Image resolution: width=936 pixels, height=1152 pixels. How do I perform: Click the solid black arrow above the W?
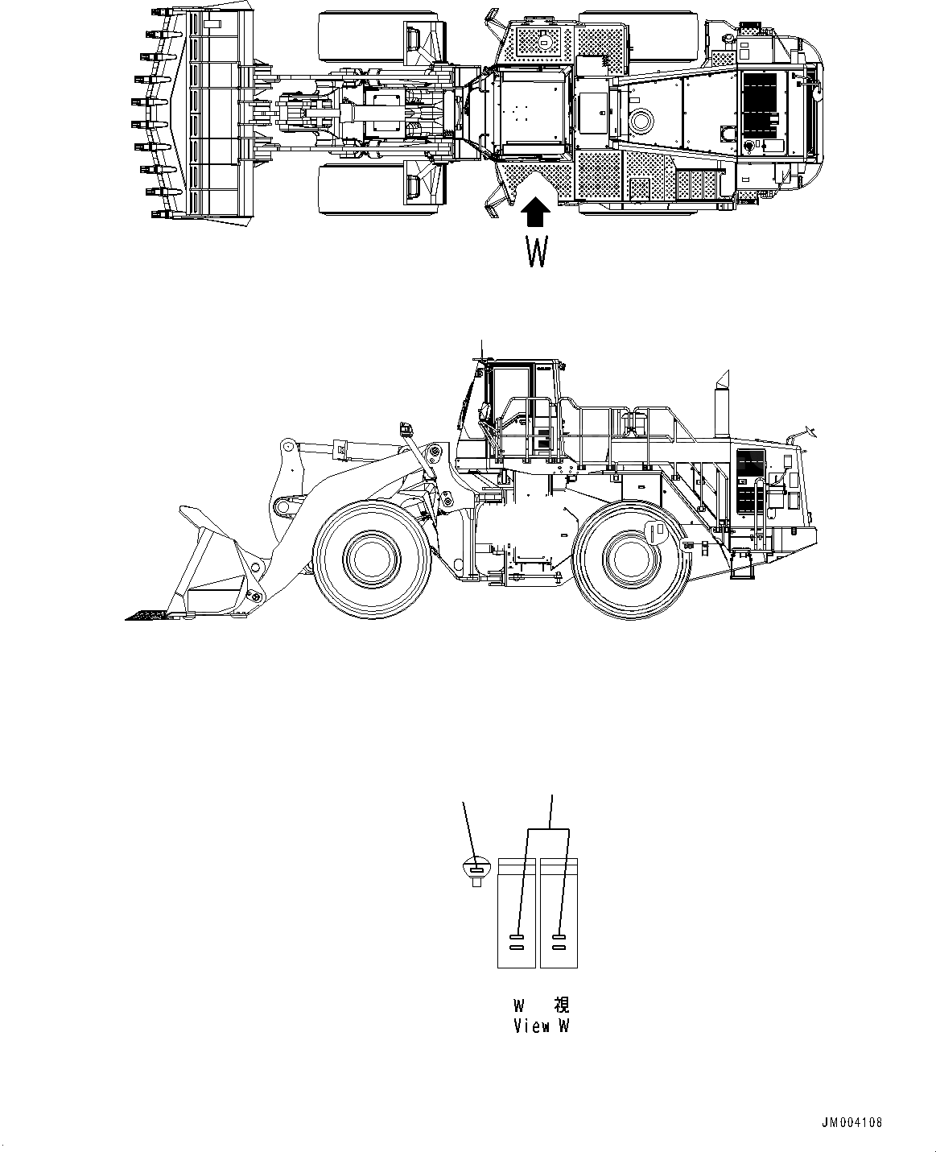click(536, 213)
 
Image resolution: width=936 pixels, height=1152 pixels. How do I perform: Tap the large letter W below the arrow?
click(537, 251)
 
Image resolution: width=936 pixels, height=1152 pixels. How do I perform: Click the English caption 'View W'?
click(542, 1026)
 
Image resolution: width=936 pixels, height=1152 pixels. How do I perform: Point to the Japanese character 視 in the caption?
click(561, 1005)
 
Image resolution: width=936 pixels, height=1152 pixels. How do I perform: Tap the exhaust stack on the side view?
click(721, 407)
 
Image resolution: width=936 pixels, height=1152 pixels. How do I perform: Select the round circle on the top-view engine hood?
click(642, 122)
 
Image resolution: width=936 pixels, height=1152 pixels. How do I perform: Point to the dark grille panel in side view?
click(751, 482)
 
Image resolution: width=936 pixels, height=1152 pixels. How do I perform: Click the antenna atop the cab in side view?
click(480, 349)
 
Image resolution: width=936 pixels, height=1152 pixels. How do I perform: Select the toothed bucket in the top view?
click(193, 114)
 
